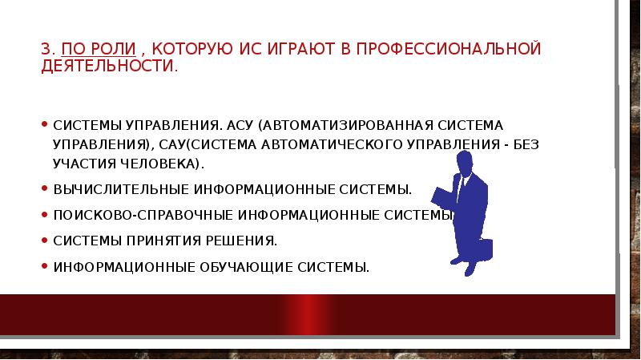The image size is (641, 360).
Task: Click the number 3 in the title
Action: [45, 50]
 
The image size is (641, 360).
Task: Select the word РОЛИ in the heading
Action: [107, 50]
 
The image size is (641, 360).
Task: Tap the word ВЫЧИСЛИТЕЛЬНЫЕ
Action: [120, 190]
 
